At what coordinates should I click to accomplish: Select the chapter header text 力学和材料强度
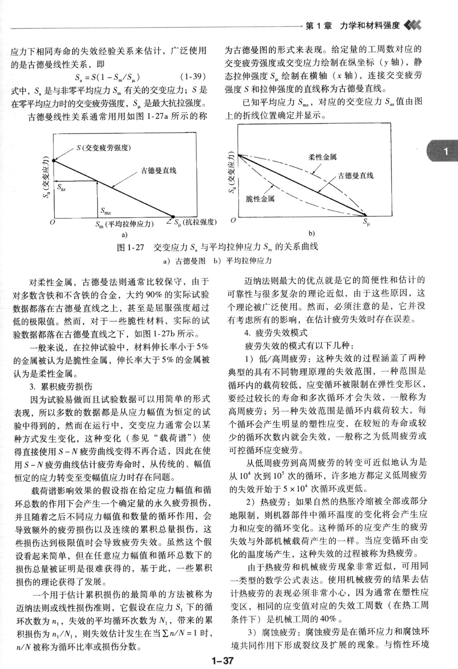pyautogui.click(x=369, y=26)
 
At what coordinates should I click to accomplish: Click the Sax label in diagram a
pyautogui.click(x=61, y=188)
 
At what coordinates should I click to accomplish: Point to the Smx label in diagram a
pyautogui.click(x=106, y=211)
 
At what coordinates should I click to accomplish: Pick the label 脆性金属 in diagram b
pyautogui.click(x=260, y=199)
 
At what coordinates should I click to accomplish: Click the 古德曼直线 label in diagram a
pyautogui.click(x=159, y=171)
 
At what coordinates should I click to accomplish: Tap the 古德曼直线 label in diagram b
pyautogui.click(x=356, y=176)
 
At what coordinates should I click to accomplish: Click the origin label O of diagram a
pyautogui.click(x=52, y=223)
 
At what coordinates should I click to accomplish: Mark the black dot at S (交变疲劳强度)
pyautogui.click(x=53, y=160)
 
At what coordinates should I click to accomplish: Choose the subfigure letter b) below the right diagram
pyautogui.click(x=311, y=233)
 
